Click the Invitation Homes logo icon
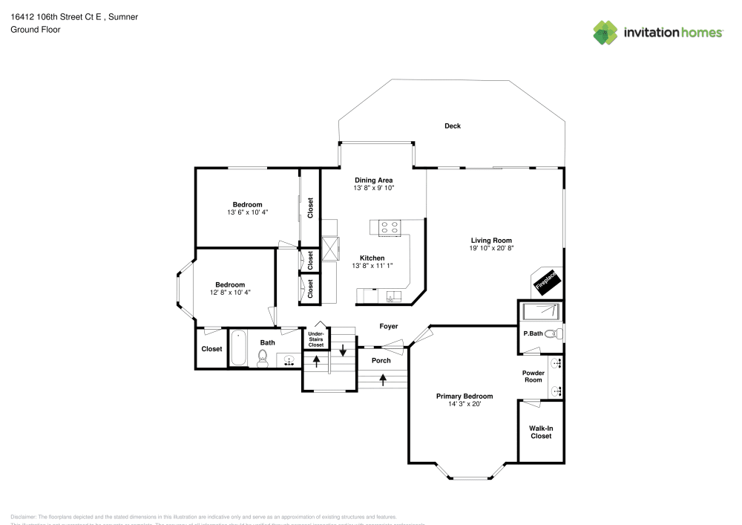click(x=605, y=32)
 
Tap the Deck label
click(x=453, y=126)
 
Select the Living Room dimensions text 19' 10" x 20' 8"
click(x=492, y=249)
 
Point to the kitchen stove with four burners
click(x=390, y=228)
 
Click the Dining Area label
click(x=373, y=180)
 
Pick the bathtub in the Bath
click(x=239, y=348)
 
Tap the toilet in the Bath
click(x=262, y=359)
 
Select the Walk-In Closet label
click(x=540, y=432)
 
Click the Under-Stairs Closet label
click(x=316, y=340)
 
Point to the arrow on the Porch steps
click(x=383, y=379)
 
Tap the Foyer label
click(x=389, y=326)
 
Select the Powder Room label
click(x=533, y=376)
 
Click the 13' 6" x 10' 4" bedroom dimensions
click(x=247, y=213)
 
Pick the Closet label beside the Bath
click(x=211, y=349)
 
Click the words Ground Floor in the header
click(x=36, y=30)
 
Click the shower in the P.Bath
click(x=539, y=311)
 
